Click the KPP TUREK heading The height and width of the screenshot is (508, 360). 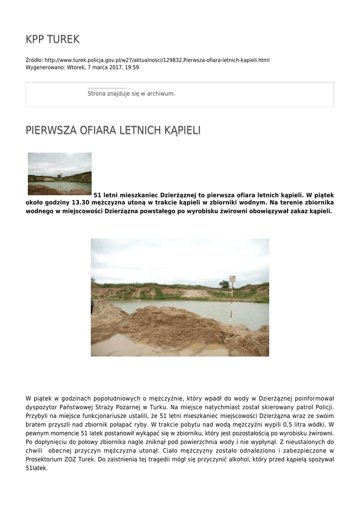point(53,39)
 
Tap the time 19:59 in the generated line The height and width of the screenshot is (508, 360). point(132,67)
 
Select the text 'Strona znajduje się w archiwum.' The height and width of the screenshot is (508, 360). point(131,93)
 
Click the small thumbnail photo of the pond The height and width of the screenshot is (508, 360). point(60,173)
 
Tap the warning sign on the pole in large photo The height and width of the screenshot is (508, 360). point(232,279)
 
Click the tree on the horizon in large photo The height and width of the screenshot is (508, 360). point(224,284)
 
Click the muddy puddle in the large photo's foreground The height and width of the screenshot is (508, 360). point(129,346)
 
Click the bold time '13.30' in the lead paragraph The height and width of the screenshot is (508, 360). point(81,203)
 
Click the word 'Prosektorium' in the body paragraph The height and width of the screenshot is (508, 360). point(45,459)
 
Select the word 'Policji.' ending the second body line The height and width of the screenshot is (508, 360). point(322,407)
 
